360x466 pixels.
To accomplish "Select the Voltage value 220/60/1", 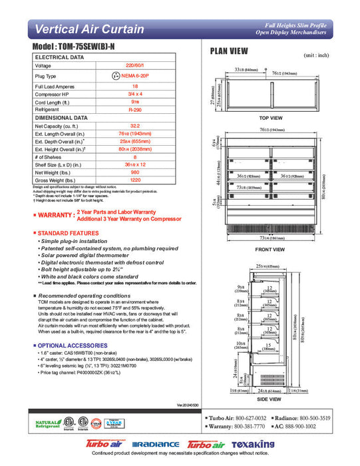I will point(135,66).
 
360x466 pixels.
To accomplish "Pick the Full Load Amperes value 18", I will point(135,87).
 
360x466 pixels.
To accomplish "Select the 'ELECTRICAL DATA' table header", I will point(59,58).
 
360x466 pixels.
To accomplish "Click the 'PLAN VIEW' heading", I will point(230,51).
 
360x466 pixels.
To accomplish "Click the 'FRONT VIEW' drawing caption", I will point(270,249).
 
